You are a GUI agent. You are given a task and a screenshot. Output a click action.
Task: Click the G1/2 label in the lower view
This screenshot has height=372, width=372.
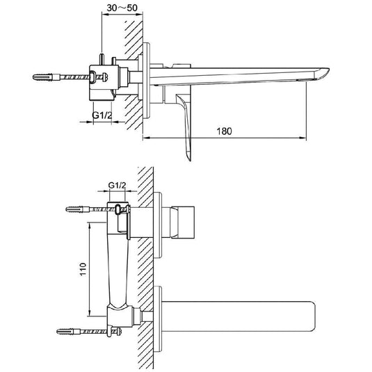click(x=118, y=185)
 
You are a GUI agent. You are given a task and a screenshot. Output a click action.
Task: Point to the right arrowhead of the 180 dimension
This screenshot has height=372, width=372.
click(x=305, y=139)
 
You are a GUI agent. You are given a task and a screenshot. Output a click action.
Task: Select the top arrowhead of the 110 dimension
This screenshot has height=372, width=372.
click(x=90, y=225)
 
